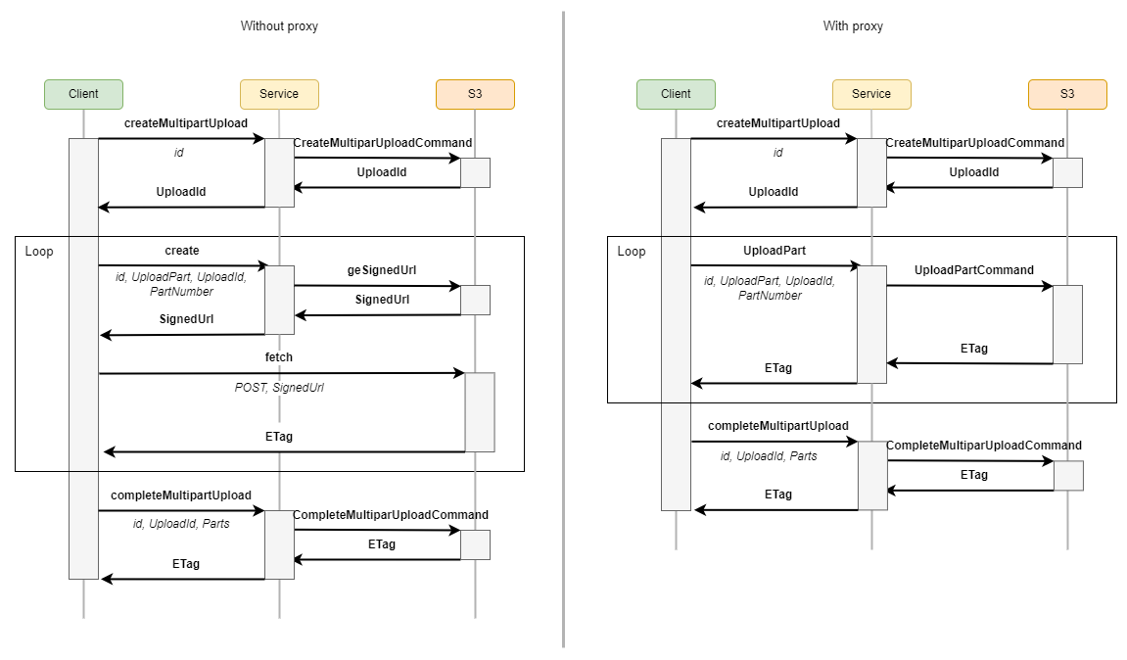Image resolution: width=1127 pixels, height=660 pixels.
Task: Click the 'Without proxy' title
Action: coord(279,26)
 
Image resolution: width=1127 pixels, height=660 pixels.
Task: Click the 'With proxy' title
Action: coord(853,26)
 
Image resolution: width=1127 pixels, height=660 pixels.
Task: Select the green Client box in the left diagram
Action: coord(83,94)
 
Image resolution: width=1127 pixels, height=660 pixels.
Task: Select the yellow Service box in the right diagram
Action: coord(871,94)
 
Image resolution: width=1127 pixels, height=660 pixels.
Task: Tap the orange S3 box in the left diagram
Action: coord(475,94)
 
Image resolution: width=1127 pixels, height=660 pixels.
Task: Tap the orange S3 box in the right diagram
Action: coord(1067,94)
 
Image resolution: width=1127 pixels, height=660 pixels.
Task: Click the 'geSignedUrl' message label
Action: coord(382,270)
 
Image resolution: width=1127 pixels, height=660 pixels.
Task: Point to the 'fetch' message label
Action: coord(278,357)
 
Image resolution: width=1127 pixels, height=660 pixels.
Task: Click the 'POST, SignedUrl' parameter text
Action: coord(279,388)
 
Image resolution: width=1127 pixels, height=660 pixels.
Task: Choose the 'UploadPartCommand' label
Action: coord(973,270)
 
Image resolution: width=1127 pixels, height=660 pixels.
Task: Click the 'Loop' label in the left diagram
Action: coord(39,252)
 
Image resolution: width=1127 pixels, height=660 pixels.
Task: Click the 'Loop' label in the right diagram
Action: coord(632,252)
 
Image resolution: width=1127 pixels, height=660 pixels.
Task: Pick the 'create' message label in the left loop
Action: coord(182,251)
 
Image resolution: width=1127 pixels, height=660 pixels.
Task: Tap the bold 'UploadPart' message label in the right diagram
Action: coord(775,251)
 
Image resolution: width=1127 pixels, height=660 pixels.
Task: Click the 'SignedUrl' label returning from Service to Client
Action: coord(186,319)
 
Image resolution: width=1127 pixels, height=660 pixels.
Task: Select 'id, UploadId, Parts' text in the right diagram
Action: coord(769,456)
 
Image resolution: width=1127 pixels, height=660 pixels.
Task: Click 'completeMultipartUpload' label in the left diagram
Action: coord(181,495)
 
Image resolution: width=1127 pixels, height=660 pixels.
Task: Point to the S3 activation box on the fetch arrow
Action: coord(480,411)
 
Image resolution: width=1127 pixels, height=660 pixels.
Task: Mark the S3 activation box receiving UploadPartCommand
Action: coord(1067,324)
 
